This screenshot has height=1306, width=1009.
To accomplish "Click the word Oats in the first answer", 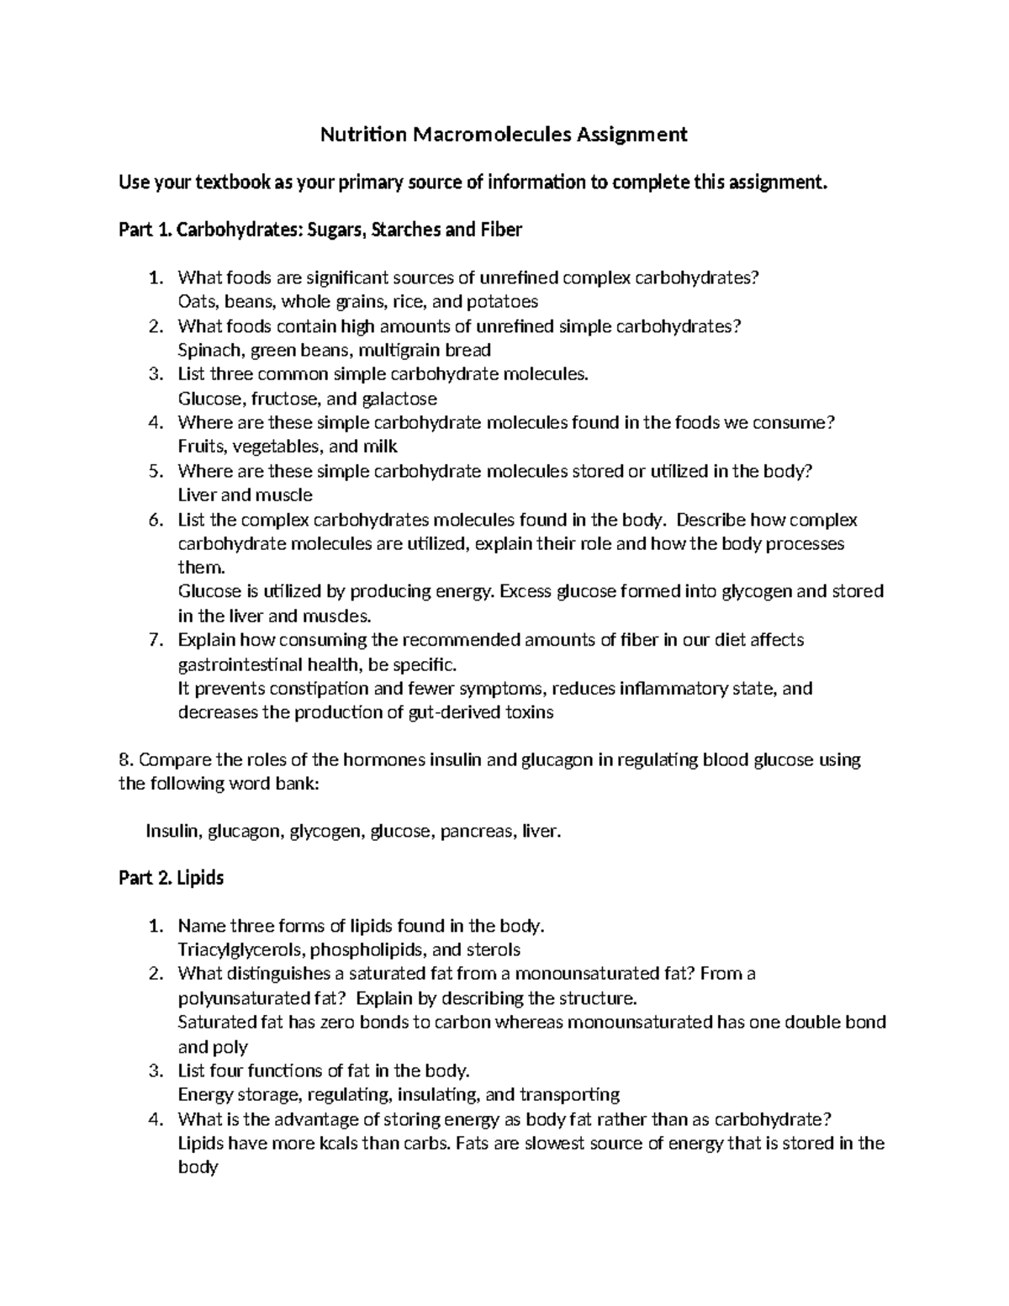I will [195, 301].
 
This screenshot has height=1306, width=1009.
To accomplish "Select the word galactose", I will [399, 399].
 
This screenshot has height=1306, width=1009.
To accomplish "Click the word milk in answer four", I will [381, 447].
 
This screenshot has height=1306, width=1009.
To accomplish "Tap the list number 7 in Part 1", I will [154, 640].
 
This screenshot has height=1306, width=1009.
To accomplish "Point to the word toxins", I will [527, 712].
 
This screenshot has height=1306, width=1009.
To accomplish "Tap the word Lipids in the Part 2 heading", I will [202, 878].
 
